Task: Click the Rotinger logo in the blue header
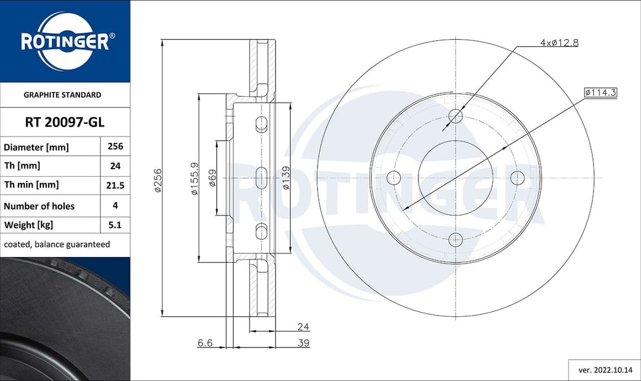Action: point(65,42)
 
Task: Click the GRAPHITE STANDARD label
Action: point(62,95)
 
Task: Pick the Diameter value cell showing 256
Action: point(115,147)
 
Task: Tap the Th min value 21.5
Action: point(115,185)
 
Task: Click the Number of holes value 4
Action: point(115,205)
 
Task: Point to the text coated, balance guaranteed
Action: point(57,245)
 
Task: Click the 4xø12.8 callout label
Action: point(559,43)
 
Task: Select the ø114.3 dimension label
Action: point(601,93)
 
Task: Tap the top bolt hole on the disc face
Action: point(455,116)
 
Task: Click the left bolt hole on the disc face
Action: point(394,177)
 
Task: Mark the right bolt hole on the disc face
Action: point(518,177)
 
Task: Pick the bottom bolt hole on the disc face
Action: point(455,240)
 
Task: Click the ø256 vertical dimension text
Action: point(157,180)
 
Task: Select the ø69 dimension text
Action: point(212,178)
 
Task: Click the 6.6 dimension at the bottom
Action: point(205,343)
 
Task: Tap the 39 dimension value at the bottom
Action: point(303,343)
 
